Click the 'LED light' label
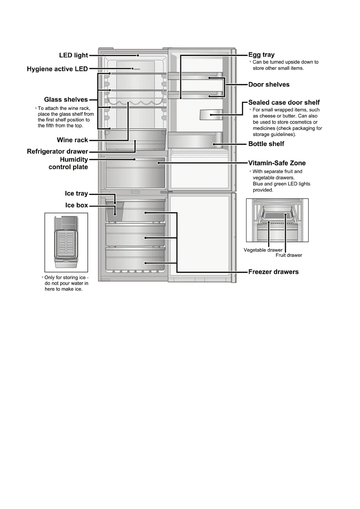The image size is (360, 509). [74, 55]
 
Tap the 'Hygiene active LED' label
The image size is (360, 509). [57, 69]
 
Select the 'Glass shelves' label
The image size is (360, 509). [66, 99]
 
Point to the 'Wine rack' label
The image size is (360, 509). [72, 140]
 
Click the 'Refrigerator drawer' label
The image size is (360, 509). [57, 151]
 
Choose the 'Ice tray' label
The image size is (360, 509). [76, 193]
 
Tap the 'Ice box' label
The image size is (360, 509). [77, 205]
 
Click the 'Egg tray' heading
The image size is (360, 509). [261, 55]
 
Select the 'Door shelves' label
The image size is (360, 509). [269, 85]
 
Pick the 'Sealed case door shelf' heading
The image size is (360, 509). [284, 102]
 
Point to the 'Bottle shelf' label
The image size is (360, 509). [266, 144]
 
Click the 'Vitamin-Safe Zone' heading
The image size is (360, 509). [277, 163]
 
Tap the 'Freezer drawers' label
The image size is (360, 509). [273, 272]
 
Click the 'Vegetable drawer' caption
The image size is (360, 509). [263, 250]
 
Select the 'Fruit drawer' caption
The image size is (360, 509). [289, 255]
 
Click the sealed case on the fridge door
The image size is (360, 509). [211, 115]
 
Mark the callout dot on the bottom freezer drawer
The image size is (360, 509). [146, 263]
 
